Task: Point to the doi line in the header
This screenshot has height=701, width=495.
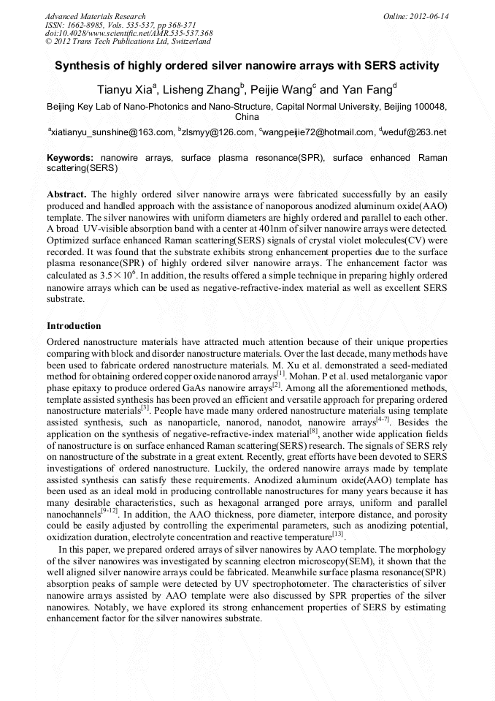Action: coord(128,34)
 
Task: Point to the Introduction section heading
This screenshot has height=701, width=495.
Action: coord(74,325)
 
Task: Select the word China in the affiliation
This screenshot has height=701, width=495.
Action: coord(247,117)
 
